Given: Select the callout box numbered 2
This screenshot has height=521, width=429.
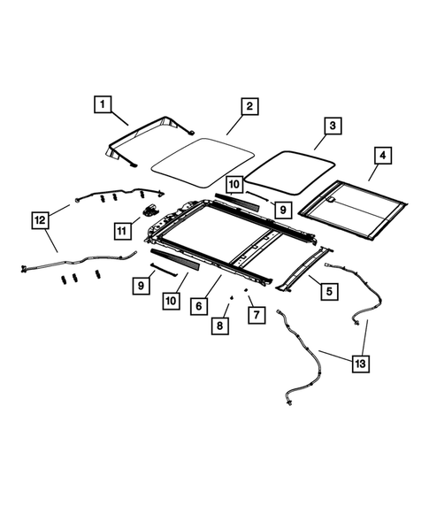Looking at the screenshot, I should point(249,106).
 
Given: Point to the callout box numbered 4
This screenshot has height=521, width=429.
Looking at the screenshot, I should point(382,157).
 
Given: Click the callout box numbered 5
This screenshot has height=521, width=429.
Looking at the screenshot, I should point(328,288).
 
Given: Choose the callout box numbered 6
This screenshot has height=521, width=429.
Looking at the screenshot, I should point(200,305).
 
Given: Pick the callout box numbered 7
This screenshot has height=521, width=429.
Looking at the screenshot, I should point(255,313).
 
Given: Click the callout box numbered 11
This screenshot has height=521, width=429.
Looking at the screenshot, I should point(122,230).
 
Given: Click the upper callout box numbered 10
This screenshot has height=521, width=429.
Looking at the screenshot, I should point(234,184).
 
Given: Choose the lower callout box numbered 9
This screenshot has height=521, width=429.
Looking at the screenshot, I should point(141,285).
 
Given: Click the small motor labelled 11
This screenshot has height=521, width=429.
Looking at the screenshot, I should point(149,211).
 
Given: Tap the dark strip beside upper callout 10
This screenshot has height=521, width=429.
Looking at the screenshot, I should point(234,201).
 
